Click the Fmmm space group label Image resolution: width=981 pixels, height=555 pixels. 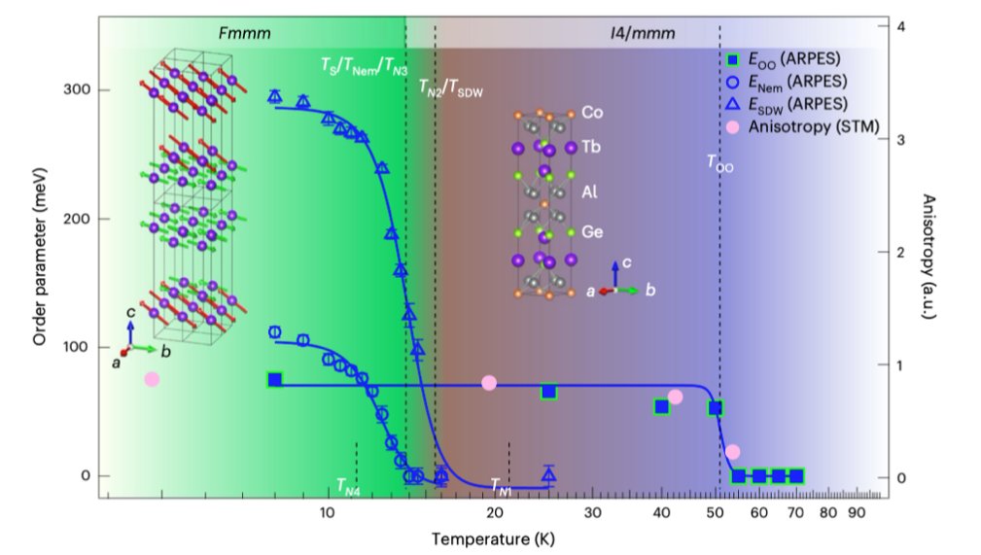pyautogui.click(x=245, y=33)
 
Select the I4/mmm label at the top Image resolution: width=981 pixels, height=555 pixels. pyautogui.click(x=643, y=33)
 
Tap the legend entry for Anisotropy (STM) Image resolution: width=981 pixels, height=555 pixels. pyautogui.click(x=803, y=127)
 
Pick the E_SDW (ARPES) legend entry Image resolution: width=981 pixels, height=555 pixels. pyautogui.click(x=787, y=105)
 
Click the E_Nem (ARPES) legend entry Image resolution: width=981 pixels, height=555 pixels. pyautogui.click(x=787, y=82)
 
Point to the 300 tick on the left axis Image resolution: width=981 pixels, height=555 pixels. pyautogui.click(x=77, y=89)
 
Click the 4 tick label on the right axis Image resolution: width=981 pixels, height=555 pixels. pyautogui.click(x=901, y=26)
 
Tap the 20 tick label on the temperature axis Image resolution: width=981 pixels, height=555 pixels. pyautogui.click(x=494, y=513)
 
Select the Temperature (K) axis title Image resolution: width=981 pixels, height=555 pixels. pyautogui.click(x=493, y=538)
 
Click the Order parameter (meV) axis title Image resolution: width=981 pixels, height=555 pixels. pyautogui.click(x=40, y=256)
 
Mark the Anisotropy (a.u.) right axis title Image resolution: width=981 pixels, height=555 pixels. pyautogui.click(x=928, y=257)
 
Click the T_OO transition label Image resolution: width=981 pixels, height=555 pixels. pyautogui.click(x=719, y=163)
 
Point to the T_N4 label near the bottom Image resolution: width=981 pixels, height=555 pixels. pyautogui.click(x=348, y=486)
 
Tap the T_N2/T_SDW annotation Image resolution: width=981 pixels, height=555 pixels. pyautogui.click(x=450, y=89)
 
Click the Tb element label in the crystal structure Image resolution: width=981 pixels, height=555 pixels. pyautogui.click(x=590, y=147)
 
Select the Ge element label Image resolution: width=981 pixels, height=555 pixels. pyautogui.click(x=592, y=232)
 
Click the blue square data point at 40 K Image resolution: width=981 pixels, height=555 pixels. pyautogui.click(x=661, y=407)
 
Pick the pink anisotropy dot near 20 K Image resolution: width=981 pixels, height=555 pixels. pyautogui.click(x=489, y=383)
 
